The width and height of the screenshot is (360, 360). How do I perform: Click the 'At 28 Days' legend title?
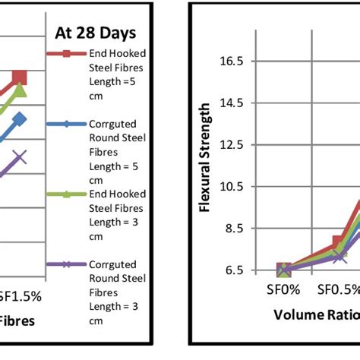coord(96,33)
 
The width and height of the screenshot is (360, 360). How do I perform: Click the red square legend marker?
coord(66,54)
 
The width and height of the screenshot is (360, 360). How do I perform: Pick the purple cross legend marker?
coord(66,264)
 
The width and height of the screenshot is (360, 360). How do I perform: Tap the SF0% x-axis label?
coord(284,290)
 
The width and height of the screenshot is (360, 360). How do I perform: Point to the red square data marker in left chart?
coord(20,77)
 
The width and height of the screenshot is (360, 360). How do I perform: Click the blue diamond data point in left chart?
coord(20,119)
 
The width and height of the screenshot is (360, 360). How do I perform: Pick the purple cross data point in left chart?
coord(20,157)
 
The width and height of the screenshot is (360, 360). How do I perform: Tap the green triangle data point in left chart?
coord(20,90)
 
